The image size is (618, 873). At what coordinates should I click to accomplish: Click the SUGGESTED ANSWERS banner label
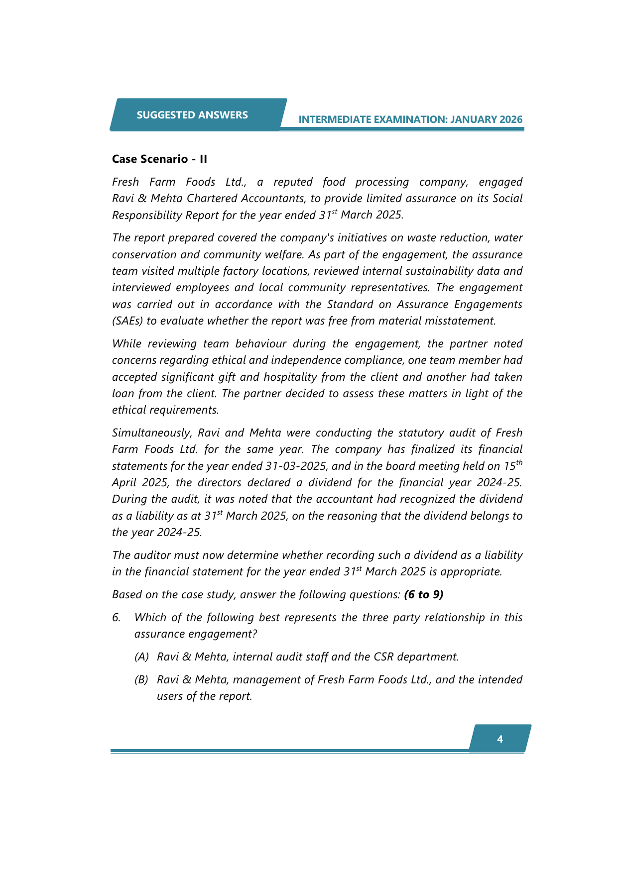(x=192, y=115)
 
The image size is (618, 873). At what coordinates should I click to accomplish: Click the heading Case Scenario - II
(x=159, y=159)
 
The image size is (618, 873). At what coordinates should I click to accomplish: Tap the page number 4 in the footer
(x=500, y=739)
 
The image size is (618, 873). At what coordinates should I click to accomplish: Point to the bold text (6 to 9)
(x=424, y=594)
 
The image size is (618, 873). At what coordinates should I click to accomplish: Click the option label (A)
(x=141, y=656)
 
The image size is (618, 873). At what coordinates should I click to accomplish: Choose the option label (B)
(x=141, y=679)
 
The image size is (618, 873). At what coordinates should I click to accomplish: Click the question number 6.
(x=116, y=617)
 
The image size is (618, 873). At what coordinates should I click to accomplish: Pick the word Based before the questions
(x=126, y=594)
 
